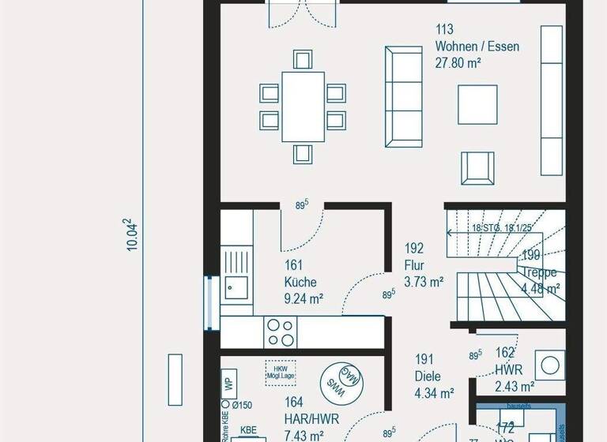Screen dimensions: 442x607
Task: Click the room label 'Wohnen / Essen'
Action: tap(477, 47)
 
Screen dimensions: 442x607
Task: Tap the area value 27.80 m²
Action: tap(458, 63)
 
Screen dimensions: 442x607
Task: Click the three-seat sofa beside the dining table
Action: tap(403, 97)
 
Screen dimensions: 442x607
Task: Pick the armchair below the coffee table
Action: tap(477, 167)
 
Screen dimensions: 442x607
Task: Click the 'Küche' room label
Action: tap(300, 282)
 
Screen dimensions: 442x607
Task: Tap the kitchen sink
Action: tap(235, 287)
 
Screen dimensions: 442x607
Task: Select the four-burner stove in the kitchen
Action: tap(279, 331)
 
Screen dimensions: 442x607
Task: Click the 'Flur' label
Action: tap(416, 264)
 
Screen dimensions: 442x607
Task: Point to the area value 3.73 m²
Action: tap(424, 281)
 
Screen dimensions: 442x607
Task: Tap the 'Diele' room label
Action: tap(428, 376)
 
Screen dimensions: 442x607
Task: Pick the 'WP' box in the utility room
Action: tap(228, 385)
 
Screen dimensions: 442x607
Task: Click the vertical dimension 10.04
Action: tap(133, 235)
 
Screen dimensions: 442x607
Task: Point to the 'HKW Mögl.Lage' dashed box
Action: tap(281, 372)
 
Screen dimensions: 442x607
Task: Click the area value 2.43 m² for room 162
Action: tap(515, 386)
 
